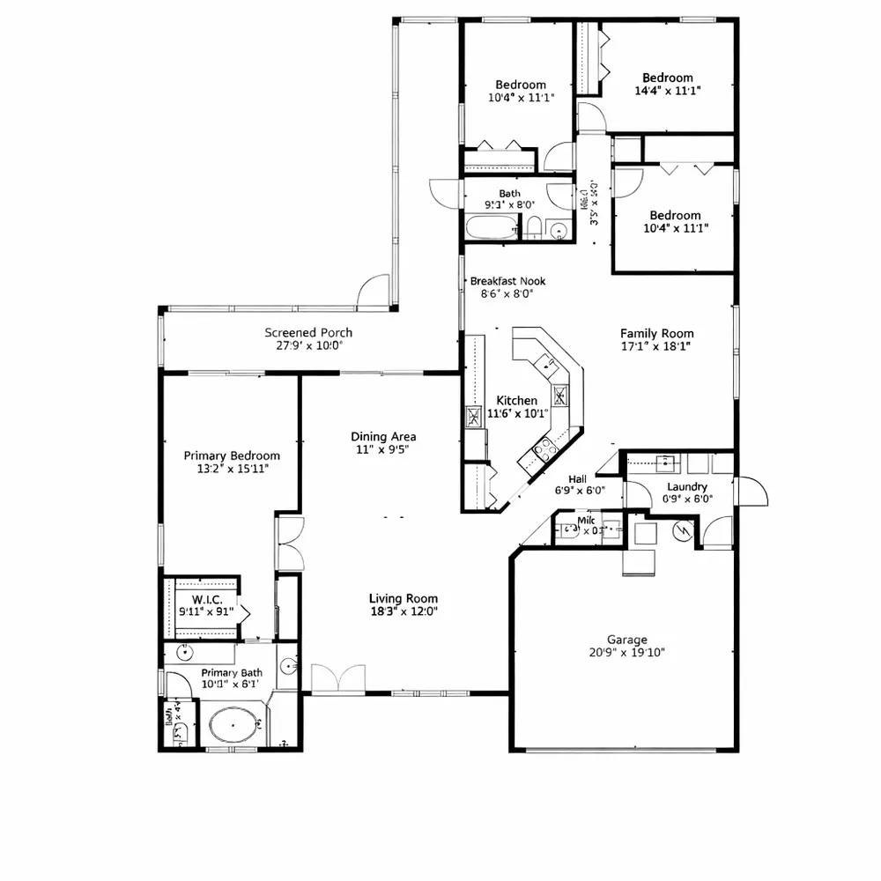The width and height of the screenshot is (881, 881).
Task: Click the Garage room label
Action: tap(626, 640)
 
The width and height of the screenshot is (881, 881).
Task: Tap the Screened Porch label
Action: tap(308, 332)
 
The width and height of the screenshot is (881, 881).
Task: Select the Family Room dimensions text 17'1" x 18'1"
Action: tap(656, 346)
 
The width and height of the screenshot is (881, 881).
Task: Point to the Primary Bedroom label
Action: tap(232, 455)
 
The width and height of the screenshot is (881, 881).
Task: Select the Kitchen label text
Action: tap(516, 400)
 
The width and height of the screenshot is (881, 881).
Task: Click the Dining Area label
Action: tap(383, 436)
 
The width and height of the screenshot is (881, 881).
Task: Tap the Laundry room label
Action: tap(687, 486)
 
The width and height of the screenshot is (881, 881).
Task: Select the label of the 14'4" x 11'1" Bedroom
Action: tap(667, 78)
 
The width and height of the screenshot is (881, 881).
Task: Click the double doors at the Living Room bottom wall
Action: tap(338, 680)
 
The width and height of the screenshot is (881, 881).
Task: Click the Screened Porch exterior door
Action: tap(374, 292)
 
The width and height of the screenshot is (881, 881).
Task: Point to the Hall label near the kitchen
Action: tap(578, 479)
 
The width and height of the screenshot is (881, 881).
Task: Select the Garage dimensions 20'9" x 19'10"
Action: tap(626, 653)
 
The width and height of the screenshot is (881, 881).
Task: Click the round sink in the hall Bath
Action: tap(557, 232)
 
